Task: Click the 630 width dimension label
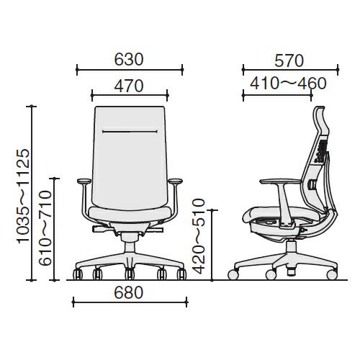click(x=129, y=60)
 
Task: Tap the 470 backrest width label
click(x=129, y=86)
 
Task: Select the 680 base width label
click(x=129, y=293)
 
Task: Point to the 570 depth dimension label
click(x=289, y=61)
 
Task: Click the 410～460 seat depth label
click(x=288, y=84)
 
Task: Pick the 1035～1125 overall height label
click(x=24, y=196)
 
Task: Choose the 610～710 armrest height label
click(x=45, y=228)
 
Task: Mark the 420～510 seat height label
click(x=199, y=236)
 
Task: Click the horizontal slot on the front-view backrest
click(x=130, y=132)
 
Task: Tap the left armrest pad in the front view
click(x=84, y=181)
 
